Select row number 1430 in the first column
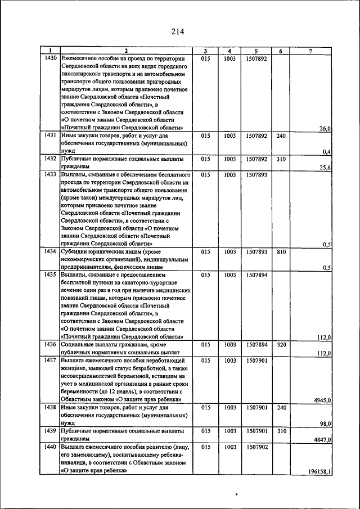pyautogui.click(x=50, y=58)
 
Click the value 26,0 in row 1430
pyautogui.click(x=325, y=129)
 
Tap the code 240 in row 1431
pyautogui.click(x=281, y=136)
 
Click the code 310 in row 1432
pyautogui.click(x=281, y=159)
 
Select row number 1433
pyautogui.click(x=50, y=175)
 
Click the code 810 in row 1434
pyautogui.click(x=281, y=253)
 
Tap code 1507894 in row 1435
pyautogui.click(x=256, y=276)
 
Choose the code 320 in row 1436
pyautogui.click(x=281, y=344)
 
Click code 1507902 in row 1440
pyautogui.click(x=256, y=447)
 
